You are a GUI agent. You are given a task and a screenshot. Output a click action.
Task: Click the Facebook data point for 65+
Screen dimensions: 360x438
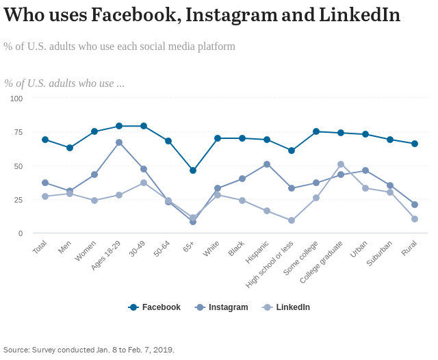pyautogui.click(x=193, y=170)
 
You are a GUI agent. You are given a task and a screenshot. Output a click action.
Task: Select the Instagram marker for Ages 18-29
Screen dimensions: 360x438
pyautogui.click(x=119, y=142)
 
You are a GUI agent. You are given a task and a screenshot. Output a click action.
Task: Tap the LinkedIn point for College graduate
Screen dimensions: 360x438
pyautogui.click(x=341, y=164)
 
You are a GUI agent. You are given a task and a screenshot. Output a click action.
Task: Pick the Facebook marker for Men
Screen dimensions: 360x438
pyautogui.click(x=70, y=148)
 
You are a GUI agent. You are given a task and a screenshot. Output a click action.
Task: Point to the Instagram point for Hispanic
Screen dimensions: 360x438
pyautogui.click(x=267, y=164)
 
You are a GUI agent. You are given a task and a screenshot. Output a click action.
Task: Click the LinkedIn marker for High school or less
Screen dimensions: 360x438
pyautogui.click(x=292, y=220)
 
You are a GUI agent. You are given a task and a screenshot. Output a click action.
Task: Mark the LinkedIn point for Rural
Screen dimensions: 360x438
pyautogui.click(x=415, y=219)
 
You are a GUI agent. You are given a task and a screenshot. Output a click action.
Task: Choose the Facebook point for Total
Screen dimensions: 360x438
pyautogui.click(x=45, y=140)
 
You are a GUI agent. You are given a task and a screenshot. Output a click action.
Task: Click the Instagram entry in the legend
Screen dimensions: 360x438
pyautogui.click(x=224, y=307)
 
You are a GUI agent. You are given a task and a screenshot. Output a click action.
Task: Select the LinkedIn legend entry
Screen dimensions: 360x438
pyautogui.click(x=287, y=307)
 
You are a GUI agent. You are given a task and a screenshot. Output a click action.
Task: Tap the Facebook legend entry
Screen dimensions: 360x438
pyautogui.click(x=155, y=307)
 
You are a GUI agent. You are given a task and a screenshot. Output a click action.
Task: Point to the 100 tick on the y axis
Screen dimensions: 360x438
pyautogui.click(x=16, y=99)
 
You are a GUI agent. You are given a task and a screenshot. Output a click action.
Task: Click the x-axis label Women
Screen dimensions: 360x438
pyautogui.click(x=86, y=250)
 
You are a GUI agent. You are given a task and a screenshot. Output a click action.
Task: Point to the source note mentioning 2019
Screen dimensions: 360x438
pyautogui.click(x=89, y=350)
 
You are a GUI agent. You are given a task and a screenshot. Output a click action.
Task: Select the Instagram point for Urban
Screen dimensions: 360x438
pyautogui.click(x=365, y=170)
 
